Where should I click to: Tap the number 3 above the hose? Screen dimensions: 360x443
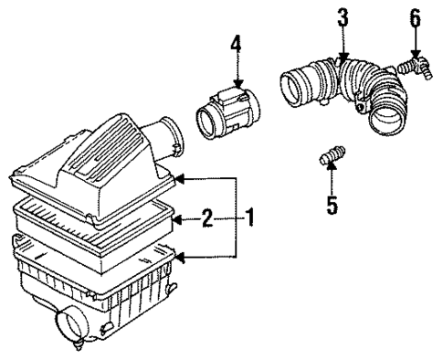[342, 16]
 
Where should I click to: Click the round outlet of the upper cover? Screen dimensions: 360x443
[170, 136]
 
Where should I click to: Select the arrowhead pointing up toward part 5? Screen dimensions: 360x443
[332, 173]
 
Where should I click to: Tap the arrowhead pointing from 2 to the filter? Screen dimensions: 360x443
[179, 218]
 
